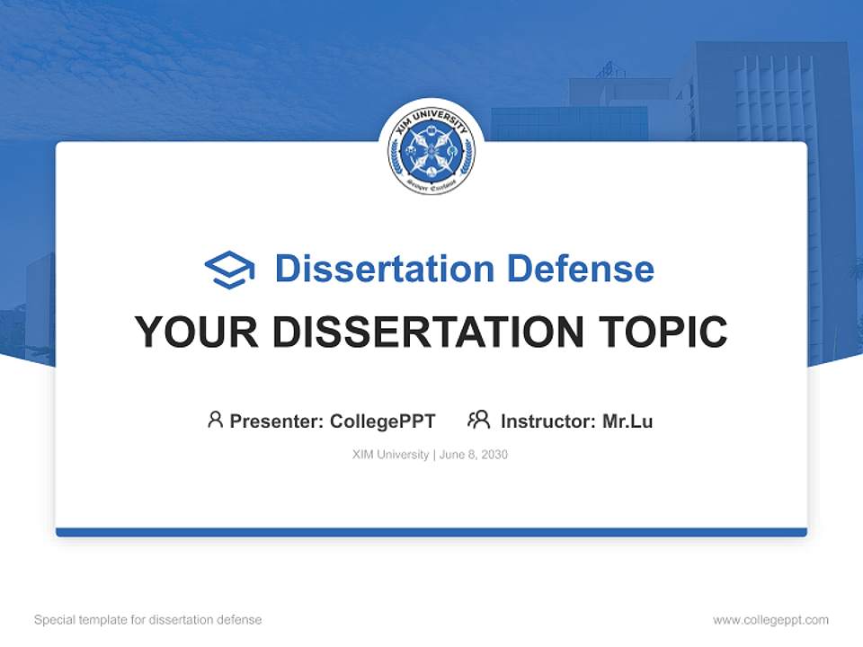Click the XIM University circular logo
tap(431, 152)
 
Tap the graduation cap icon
tap(229, 270)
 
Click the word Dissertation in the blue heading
tap(384, 269)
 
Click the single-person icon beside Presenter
tap(215, 420)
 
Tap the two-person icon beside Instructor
tap(478, 420)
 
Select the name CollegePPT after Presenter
tap(383, 421)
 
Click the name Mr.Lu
tap(627, 421)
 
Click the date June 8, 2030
tap(474, 455)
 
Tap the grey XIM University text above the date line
tap(390, 455)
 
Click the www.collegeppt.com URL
tap(770, 620)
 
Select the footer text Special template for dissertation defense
tap(148, 620)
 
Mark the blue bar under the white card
tap(431, 532)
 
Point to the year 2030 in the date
tap(494, 455)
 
